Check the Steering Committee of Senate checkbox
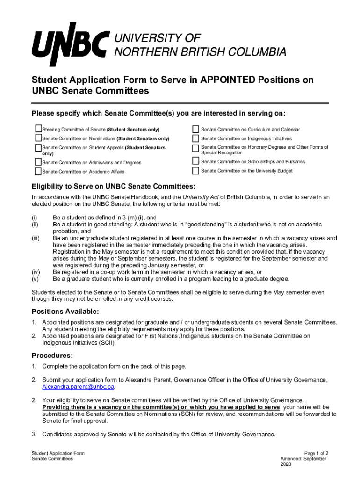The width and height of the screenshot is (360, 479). pyautogui.click(x=38, y=129)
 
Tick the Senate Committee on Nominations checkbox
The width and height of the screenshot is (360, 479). pyautogui.click(x=38, y=138)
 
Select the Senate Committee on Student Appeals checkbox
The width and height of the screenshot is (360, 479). pyautogui.click(x=38, y=148)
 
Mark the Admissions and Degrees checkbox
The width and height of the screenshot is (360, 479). pyautogui.click(x=38, y=162)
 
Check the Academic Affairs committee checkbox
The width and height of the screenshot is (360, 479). pyautogui.click(x=38, y=171)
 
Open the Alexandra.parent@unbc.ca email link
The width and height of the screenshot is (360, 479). pyautogui.click(x=78, y=387)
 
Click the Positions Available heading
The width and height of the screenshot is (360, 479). pyautogui.click(x=65, y=312)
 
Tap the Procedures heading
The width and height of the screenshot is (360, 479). pyautogui.click(x=52, y=355)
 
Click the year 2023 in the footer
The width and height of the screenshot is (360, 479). pyautogui.click(x=286, y=464)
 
